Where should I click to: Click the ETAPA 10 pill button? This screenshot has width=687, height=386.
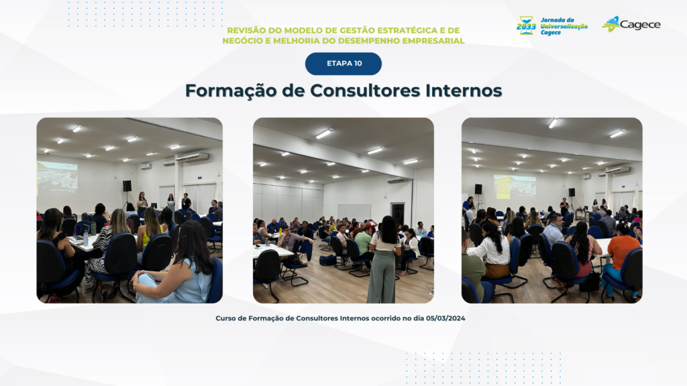click(x=343, y=64)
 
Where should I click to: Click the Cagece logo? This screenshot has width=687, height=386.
click(x=631, y=25)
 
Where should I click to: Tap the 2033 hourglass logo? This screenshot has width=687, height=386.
click(x=526, y=26)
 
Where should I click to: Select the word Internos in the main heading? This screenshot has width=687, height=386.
click(x=464, y=90)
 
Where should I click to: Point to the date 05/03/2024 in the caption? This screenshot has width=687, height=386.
click(x=445, y=318)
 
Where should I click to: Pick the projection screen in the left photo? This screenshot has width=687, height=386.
click(x=58, y=176)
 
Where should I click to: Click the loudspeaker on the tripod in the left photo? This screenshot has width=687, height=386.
click(x=127, y=186)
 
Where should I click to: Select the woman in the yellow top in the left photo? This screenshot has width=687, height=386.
click(x=150, y=229)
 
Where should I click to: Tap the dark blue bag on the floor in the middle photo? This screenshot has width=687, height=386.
click(x=327, y=261)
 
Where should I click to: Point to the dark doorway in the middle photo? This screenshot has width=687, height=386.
click(x=398, y=214)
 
